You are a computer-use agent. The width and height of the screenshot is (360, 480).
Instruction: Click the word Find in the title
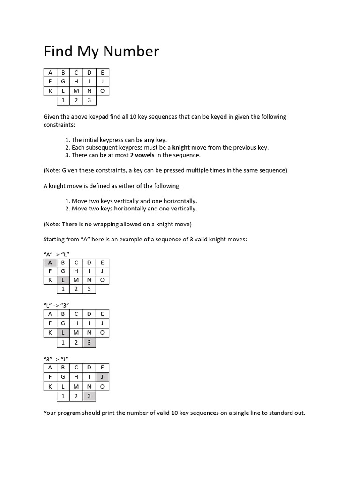coord(57,51)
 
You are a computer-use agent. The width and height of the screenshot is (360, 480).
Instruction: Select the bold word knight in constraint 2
coord(181,147)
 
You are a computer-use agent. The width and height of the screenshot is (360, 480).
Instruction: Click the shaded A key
coord(50,262)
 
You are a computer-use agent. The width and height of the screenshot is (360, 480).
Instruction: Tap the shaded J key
coord(102,376)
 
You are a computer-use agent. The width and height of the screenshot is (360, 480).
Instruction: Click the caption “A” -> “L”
coord(56,254)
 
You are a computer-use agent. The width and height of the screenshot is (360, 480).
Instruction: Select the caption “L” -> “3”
coord(56,305)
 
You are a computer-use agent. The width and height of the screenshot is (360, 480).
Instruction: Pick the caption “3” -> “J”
coord(56,359)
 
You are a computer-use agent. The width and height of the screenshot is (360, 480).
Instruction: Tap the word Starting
coord(54,239)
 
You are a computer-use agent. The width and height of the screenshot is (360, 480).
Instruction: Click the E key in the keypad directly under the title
coord(102,73)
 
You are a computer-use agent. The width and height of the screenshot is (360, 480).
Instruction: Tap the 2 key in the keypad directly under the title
coord(76,100)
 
